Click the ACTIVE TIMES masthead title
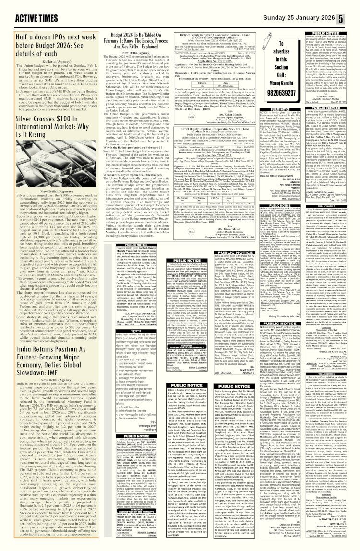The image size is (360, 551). click(29, 8)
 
